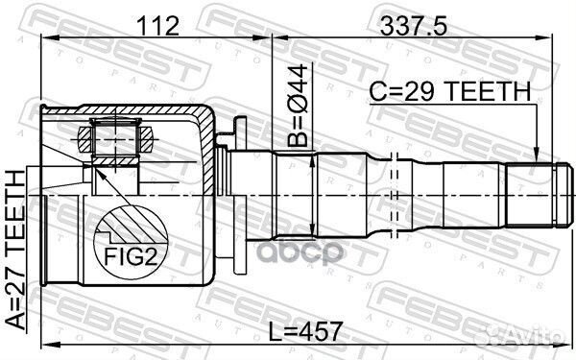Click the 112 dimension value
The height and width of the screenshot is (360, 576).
pyautogui.click(x=157, y=26)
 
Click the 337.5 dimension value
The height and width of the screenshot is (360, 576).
pyautogui.click(x=413, y=26)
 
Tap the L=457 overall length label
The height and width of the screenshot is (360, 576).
pyautogui.click(x=305, y=332)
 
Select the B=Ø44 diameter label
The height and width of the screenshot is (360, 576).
pyautogui.click(x=298, y=106)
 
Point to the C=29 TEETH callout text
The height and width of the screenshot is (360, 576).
pyautogui.click(x=450, y=91)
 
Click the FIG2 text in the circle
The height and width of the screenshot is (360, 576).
pyautogui.click(x=131, y=256)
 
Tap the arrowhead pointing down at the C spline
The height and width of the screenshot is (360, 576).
pyautogui.click(x=537, y=155)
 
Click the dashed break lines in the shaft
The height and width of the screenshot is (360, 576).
pyautogui.click(x=395, y=196)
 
